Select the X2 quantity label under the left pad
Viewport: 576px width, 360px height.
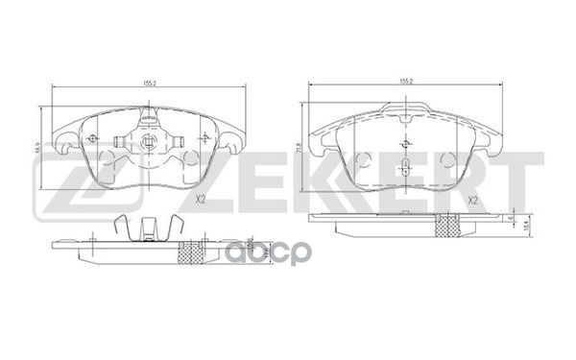[x=202, y=199]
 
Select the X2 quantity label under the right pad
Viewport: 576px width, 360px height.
[x=474, y=199]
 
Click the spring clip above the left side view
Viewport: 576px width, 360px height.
[x=147, y=227]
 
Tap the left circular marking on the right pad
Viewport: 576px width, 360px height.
[x=361, y=159]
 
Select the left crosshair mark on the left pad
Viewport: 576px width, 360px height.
[x=93, y=137]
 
